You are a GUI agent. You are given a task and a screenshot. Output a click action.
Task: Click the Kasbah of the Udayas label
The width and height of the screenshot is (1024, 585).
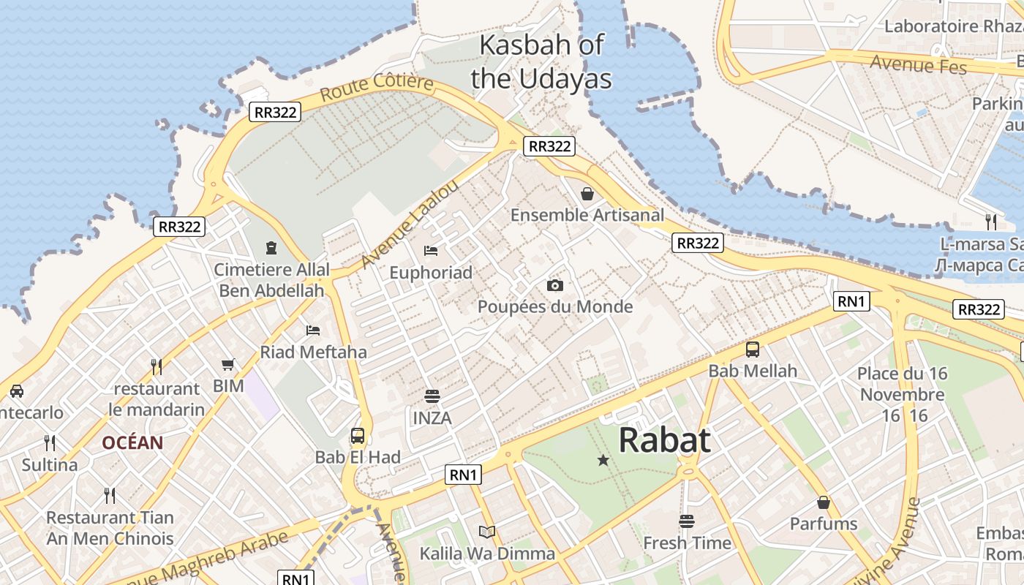click(541, 61)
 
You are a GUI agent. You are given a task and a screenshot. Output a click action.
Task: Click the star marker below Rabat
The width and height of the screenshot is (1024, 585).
click(603, 460)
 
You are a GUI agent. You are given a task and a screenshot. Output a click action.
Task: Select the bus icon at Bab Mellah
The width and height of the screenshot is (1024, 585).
click(752, 350)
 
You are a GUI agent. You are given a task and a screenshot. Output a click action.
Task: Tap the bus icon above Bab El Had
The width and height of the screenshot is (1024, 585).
click(358, 436)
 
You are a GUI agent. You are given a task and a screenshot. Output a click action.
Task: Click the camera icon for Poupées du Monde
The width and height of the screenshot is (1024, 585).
click(555, 285)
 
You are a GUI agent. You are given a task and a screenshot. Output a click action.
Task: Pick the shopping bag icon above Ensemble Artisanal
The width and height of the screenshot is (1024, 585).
click(587, 194)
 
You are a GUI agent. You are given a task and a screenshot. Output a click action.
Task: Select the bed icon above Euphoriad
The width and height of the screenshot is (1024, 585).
click(431, 251)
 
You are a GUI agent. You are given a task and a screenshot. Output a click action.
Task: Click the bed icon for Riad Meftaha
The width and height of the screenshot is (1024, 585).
click(313, 331)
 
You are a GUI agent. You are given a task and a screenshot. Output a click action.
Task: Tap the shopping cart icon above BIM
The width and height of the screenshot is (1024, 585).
click(228, 364)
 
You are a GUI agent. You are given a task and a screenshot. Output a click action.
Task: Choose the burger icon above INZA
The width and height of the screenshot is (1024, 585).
click(432, 396)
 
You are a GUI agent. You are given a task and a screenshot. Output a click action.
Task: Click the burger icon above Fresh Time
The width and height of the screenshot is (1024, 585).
click(686, 521)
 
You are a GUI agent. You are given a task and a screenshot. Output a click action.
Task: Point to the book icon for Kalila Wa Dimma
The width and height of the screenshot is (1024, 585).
click(486, 532)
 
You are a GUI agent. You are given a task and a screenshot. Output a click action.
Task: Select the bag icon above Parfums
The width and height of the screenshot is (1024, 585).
click(824, 502)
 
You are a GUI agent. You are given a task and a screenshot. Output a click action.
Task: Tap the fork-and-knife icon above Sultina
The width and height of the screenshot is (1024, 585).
click(50, 442)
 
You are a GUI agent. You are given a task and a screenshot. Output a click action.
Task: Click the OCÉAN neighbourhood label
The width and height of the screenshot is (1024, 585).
click(132, 442)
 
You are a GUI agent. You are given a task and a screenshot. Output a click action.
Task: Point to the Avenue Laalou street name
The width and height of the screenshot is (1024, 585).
click(410, 224)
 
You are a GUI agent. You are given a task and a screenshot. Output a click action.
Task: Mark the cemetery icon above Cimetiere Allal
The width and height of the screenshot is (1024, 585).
click(272, 248)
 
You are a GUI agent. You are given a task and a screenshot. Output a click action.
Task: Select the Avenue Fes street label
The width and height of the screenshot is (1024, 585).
click(918, 64)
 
